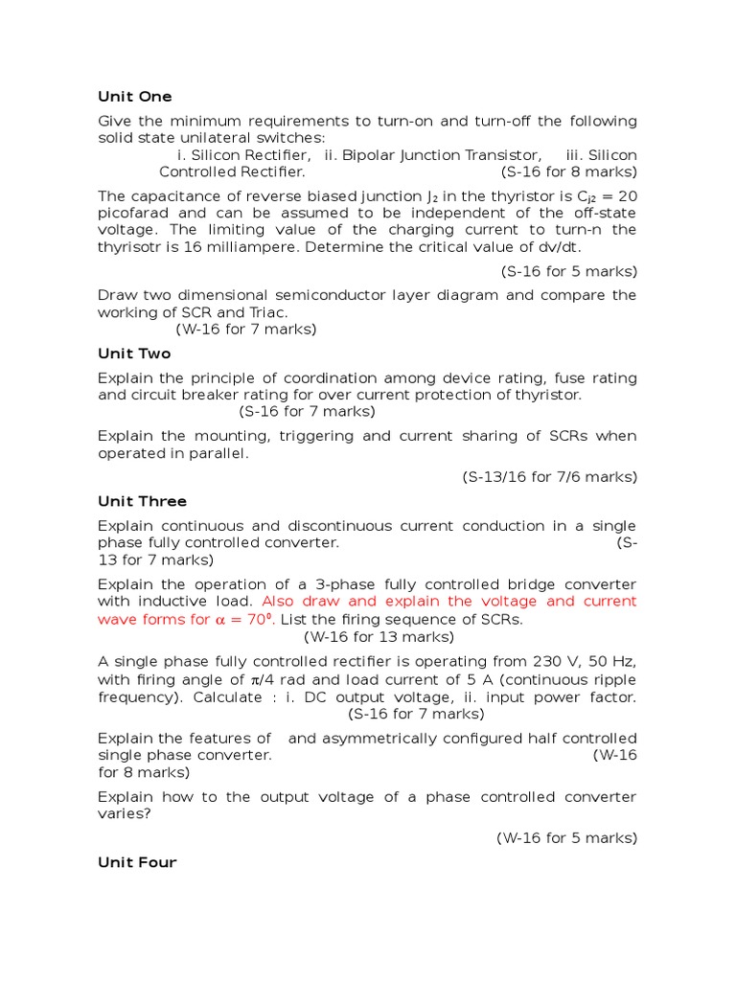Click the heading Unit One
tap(135, 97)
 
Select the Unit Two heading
tap(134, 354)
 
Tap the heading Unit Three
tap(142, 501)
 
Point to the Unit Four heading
tap(137, 862)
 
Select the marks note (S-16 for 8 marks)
tap(568, 172)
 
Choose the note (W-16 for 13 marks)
tap(379, 636)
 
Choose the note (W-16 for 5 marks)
tap(566, 837)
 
